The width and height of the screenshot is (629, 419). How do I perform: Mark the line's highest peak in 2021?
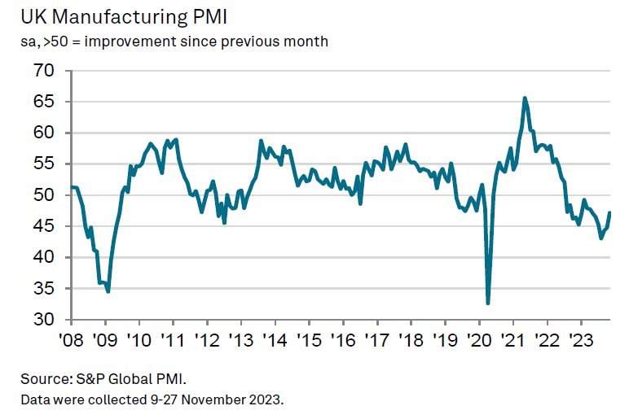[525, 98]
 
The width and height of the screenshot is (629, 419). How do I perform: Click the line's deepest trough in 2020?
[488, 303]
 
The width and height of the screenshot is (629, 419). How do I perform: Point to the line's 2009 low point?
[108, 291]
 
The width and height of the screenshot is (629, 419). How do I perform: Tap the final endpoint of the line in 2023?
[610, 213]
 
